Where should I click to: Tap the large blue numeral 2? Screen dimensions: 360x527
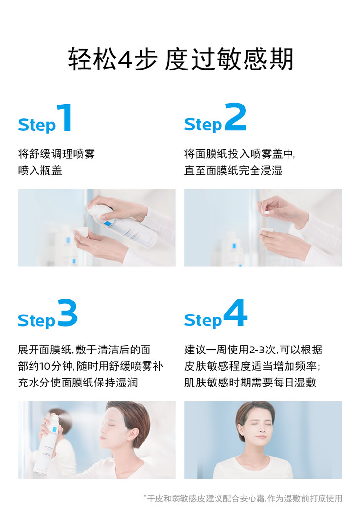click(235, 117)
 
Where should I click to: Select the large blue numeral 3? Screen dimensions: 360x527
click(68, 313)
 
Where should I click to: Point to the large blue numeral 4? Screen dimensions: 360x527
click(235, 313)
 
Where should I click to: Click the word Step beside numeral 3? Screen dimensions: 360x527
click(36, 321)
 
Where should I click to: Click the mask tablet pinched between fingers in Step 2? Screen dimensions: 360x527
click(266, 213)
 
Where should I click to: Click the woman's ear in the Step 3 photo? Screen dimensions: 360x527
click(135, 434)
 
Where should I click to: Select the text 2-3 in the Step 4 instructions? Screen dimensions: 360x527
click(257, 350)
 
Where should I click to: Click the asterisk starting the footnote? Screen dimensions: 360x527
click(145, 496)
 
